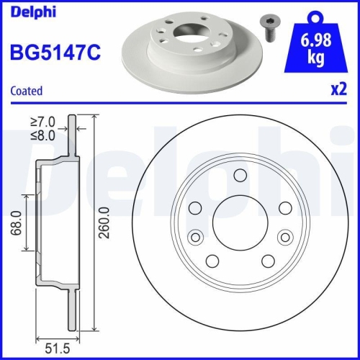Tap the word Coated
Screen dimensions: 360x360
click(27, 91)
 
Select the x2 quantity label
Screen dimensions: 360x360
click(338, 91)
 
